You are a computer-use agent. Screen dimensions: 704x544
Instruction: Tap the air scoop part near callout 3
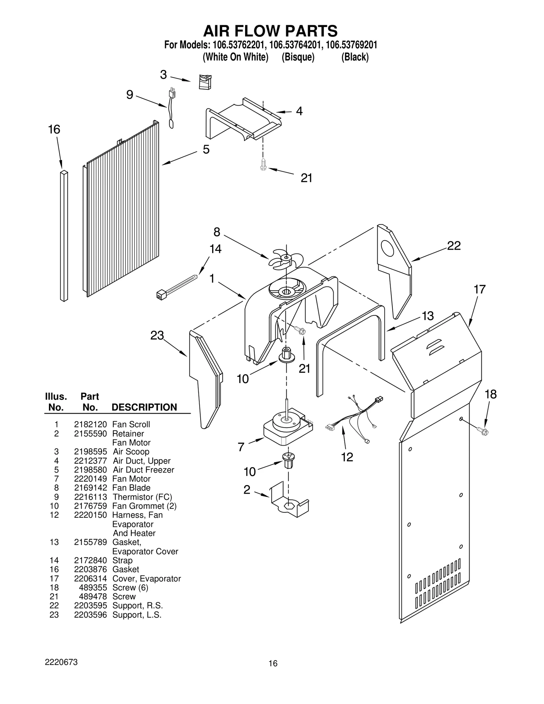[205, 82]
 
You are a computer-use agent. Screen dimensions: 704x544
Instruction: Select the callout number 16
[54, 130]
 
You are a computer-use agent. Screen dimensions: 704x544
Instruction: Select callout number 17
[479, 289]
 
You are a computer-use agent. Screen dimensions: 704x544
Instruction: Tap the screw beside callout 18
[483, 432]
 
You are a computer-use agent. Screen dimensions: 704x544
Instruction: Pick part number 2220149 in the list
[90, 479]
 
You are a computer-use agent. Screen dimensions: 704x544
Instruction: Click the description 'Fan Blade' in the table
[131, 488]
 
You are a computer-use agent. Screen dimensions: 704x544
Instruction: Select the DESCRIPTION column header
[144, 407]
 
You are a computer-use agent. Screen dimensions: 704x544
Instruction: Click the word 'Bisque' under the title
[298, 57]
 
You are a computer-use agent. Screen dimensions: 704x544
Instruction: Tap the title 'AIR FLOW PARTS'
[270, 31]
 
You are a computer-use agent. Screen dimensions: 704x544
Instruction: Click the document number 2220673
[61, 662]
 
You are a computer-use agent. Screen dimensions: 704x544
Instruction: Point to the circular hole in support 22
[388, 248]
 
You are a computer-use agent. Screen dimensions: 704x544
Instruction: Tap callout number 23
[157, 336]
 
